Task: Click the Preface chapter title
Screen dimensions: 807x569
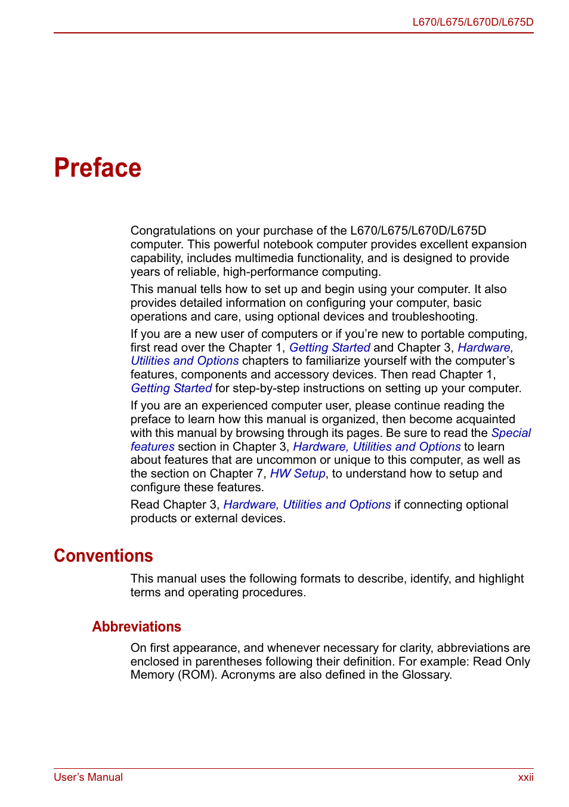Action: click(98, 168)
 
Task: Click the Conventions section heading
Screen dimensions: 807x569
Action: click(103, 556)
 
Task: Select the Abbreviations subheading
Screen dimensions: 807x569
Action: click(137, 627)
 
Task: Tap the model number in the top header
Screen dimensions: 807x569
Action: click(472, 22)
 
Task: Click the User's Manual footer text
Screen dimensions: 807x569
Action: click(88, 777)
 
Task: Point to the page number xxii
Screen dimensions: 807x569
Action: click(525, 777)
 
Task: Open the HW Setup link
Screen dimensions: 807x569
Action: click(298, 474)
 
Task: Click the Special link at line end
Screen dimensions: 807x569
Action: click(511, 433)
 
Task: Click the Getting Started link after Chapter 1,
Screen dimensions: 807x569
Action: click(330, 348)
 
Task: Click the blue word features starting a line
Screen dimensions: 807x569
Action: click(153, 447)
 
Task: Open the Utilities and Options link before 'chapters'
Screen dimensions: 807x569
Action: click(185, 361)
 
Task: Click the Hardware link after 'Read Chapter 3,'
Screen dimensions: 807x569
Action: click(250, 505)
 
